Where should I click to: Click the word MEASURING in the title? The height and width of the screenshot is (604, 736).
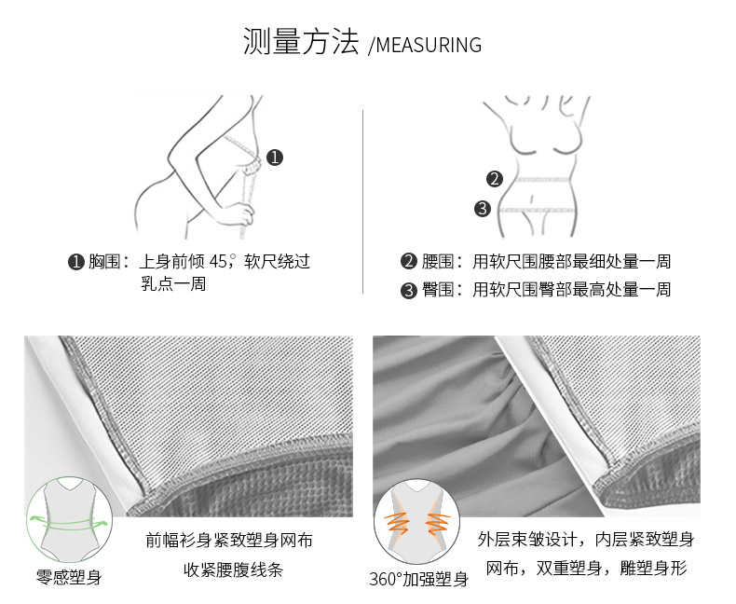429,45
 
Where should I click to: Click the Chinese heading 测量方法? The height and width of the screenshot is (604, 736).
301,41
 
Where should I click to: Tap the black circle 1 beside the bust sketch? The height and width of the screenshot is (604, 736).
275,158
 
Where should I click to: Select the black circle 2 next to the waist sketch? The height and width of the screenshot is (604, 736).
495,178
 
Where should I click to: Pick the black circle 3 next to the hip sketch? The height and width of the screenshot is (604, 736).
483,208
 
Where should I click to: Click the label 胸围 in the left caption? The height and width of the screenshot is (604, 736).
104,261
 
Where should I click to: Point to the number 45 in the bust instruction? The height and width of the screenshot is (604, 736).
218,261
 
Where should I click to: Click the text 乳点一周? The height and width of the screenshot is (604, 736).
173,283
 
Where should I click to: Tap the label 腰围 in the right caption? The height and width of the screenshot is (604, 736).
438,261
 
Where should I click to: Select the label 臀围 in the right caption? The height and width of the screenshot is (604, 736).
438,289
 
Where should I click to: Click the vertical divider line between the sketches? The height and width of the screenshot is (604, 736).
362,202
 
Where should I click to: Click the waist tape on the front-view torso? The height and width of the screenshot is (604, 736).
543,179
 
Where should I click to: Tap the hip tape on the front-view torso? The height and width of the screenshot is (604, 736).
537,210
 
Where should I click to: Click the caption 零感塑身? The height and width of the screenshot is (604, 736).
69,577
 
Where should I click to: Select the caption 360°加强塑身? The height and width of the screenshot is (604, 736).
418,579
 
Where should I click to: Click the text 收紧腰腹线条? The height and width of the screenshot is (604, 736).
233,570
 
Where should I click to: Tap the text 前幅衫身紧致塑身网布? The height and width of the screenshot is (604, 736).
229,540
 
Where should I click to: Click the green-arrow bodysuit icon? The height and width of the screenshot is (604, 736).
70,519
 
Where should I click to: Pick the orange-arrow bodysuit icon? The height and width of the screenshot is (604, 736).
416,521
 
